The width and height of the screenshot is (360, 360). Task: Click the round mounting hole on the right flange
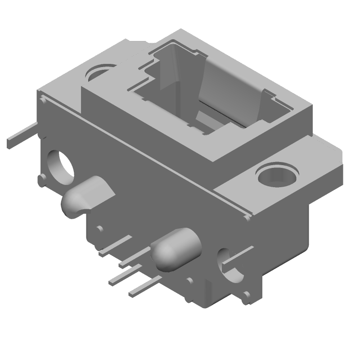point(276,175)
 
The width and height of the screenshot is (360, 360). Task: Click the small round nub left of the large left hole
point(41,180)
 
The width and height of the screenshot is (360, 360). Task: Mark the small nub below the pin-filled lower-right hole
point(247,297)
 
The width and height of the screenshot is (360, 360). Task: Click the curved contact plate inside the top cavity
point(229,90)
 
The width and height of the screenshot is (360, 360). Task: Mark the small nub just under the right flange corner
point(247,218)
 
